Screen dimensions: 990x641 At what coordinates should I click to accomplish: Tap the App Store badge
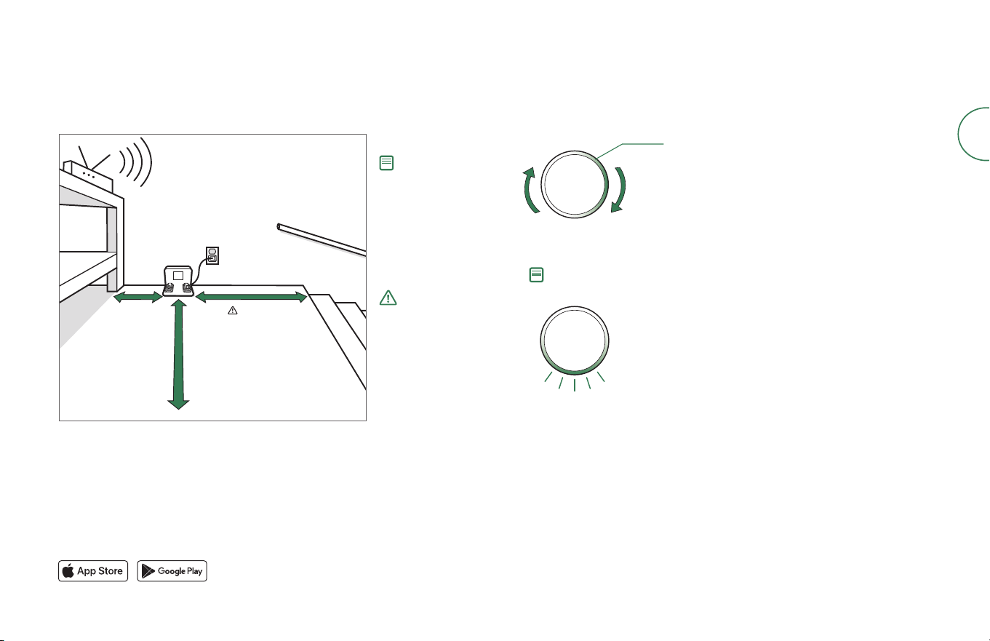click(93, 570)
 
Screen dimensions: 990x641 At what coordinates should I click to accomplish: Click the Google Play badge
click(172, 570)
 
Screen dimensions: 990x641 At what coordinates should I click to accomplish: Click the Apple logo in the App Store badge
click(68, 570)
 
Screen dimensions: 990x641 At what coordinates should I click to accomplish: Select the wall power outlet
click(212, 255)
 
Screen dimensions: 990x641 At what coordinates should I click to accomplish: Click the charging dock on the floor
click(178, 281)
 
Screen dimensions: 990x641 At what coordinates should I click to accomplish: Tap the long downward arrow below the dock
click(178, 354)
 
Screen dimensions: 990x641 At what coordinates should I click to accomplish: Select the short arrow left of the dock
click(138, 298)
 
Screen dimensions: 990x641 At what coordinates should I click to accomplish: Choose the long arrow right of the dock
click(251, 297)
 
